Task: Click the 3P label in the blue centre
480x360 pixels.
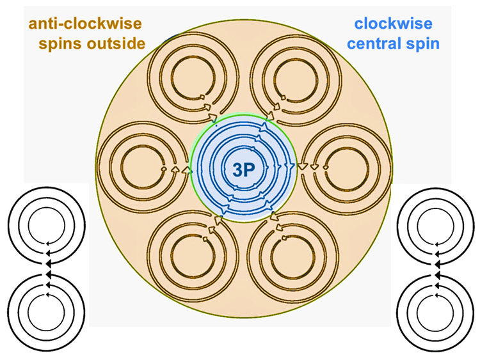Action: [x=244, y=169]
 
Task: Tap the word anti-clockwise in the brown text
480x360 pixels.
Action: [x=85, y=24]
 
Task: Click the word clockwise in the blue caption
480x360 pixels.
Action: [x=394, y=24]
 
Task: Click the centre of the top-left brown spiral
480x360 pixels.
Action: [x=193, y=78]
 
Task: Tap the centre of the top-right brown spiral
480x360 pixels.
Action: [x=296, y=79]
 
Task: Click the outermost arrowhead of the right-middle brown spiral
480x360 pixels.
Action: [x=303, y=167]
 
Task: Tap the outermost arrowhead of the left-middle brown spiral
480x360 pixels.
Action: [x=186, y=170]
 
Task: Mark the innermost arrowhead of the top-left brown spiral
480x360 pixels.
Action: [x=202, y=97]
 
